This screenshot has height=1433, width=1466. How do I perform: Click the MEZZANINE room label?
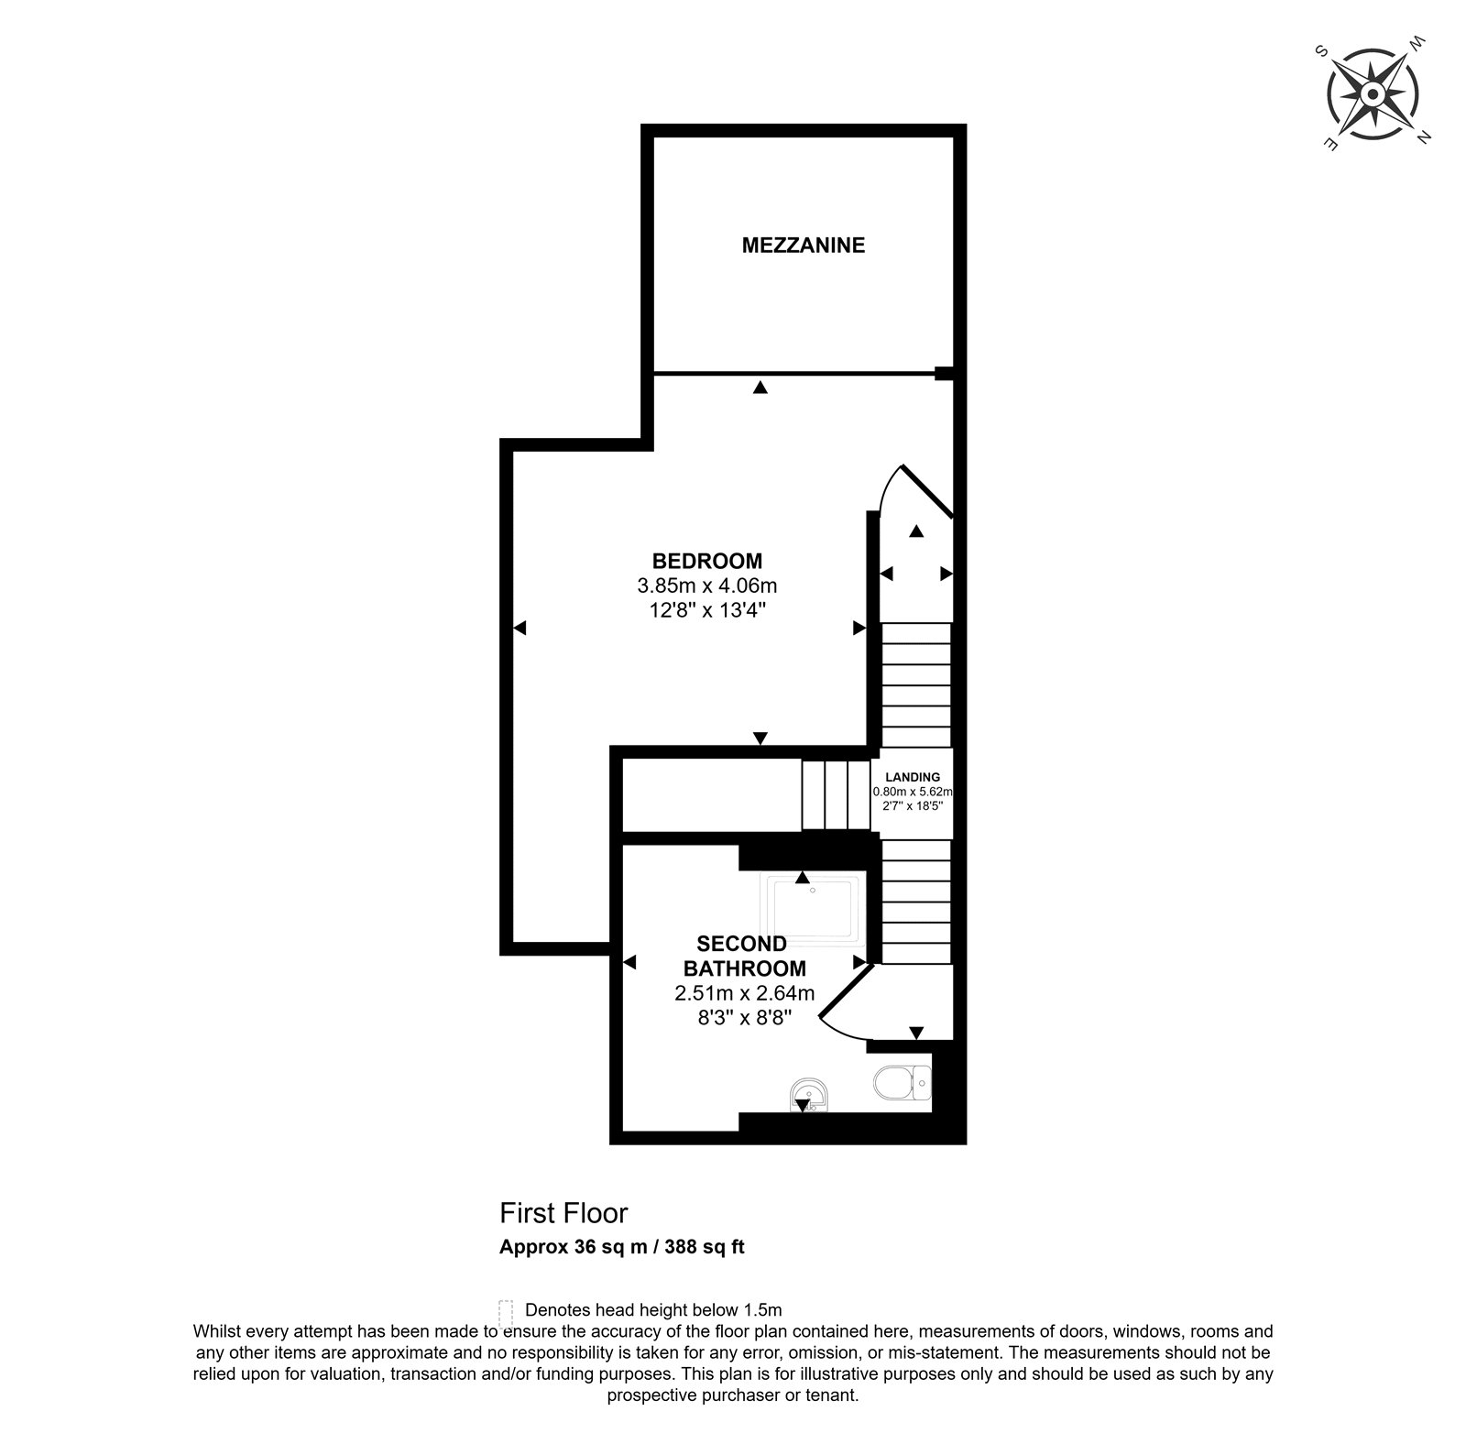(x=803, y=246)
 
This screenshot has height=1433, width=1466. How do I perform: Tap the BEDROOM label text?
(x=706, y=561)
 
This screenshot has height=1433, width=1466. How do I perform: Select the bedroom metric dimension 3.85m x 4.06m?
(x=706, y=585)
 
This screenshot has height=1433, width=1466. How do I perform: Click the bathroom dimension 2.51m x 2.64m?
(x=745, y=992)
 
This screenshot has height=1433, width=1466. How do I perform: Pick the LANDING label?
(x=913, y=777)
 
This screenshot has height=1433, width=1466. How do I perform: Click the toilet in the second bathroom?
(x=903, y=1084)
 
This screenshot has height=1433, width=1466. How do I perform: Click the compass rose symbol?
(x=1373, y=94)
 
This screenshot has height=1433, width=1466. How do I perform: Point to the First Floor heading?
(x=563, y=1213)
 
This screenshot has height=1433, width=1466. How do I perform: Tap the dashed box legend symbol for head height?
(x=505, y=1310)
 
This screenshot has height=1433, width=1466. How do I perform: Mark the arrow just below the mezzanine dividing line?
(x=760, y=388)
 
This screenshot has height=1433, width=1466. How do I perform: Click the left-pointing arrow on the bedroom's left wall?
(x=520, y=628)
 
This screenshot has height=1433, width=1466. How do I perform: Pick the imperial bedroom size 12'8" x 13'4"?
(x=706, y=608)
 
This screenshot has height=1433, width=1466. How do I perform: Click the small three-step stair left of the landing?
(x=836, y=794)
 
